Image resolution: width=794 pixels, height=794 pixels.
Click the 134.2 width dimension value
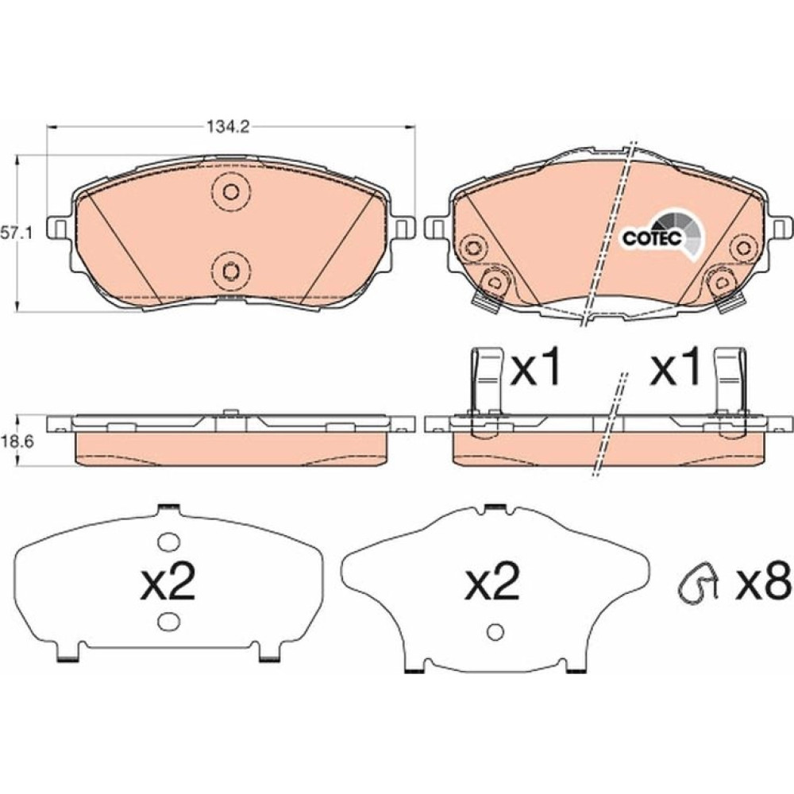point(227,127)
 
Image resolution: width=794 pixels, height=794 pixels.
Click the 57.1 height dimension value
point(16,233)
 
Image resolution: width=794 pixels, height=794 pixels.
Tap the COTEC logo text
point(652,237)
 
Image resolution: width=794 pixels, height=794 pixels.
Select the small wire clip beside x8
point(699,584)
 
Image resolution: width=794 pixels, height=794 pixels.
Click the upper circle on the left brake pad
point(231,192)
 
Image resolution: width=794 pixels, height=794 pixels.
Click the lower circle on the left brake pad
point(231,272)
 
